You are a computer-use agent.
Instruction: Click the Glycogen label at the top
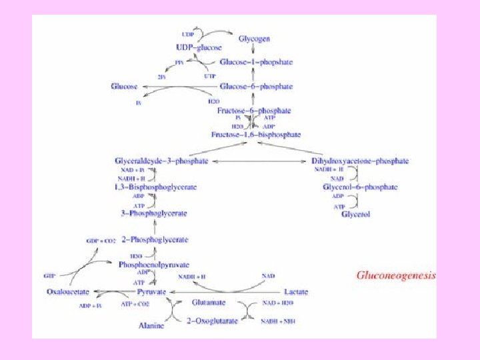pyautogui.click(x=255, y=39)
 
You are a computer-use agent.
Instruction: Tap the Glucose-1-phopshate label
pyautogui.click(x=256, y=62)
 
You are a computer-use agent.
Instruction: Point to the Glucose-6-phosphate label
pyautogui.click(x=256, y=87)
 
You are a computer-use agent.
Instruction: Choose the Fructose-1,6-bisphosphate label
pyautogui.click(x=256, y=135)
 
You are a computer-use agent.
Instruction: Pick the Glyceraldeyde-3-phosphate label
pyautogui.click(x=161, y=161)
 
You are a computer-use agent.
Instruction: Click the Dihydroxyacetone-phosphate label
pyautogui.click(x=361, y=161)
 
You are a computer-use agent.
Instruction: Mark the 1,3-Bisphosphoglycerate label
pyautogui.click(x=155, y=187)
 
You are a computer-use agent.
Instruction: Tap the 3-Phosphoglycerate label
pyautogui.click(x=154, y=213)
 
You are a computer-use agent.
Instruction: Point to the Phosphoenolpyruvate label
pyautogui.click(x=154, y=265)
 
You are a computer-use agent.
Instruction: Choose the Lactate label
pyautogui.click(x=296, y=292)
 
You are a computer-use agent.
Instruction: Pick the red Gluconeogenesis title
pyautogui.click(x=395, y=275)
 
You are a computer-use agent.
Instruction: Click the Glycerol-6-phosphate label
pyautogui.click(x=360, y=187)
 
